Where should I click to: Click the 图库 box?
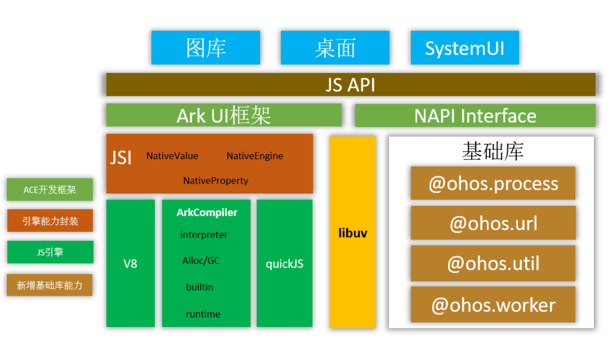tap(205, 48)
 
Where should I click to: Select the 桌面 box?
tap(335, 48)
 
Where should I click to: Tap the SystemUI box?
tap(464, 48)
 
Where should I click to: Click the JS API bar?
tap(350, 84)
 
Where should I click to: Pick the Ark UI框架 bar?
tap(224, 115)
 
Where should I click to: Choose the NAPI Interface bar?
tap(475, 116)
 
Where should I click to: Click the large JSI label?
tap(121, 157)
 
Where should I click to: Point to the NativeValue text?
tap(172, 156)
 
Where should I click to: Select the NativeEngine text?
tap(255, 156)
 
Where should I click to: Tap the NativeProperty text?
tap(215, 181)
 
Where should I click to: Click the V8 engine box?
tap(130, 264)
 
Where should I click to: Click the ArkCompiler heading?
tap(207, 213)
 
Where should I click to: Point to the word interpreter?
tap(204, 235)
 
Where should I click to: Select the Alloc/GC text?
tap(201, 261)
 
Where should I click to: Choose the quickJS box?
tap(284, 264)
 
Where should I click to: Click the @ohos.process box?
tap(493, 183)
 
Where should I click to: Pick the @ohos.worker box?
tap(493, 305)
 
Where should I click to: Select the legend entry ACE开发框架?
tap(50, 190)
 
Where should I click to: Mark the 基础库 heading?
tap(492, 151)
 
